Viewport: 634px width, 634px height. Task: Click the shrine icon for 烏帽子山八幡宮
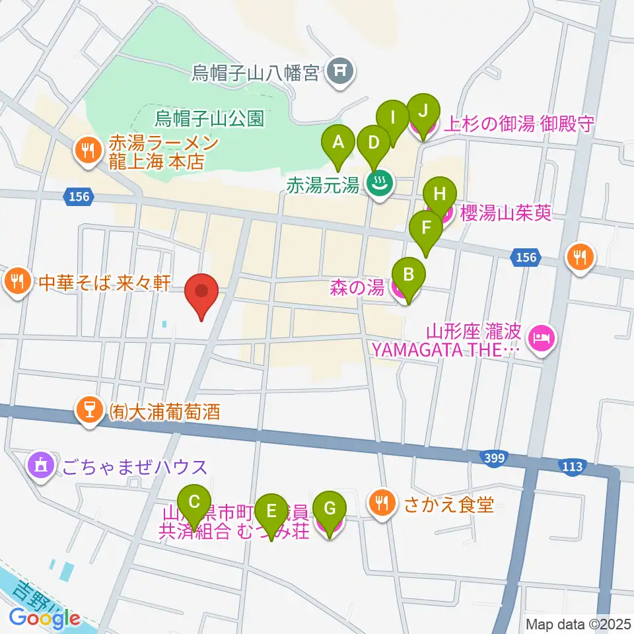click(341, 71)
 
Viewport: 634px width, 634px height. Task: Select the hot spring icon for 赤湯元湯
click(378, 184)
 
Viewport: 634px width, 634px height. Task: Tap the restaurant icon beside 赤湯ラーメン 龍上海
click(87, 151)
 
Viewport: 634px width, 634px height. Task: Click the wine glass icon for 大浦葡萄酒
click(87, 411)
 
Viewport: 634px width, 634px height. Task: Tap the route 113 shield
click(573, 467)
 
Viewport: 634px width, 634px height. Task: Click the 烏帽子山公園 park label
click(209, 119)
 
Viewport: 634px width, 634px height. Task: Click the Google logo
click(45, 618)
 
